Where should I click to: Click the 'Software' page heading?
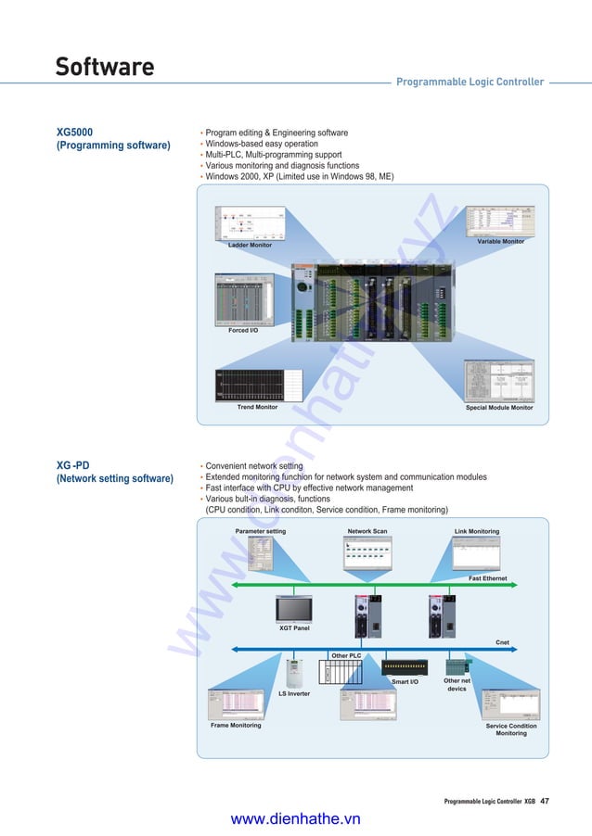click(x=104, y=67)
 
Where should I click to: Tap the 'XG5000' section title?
click(x=75, y=133)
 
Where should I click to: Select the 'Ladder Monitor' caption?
click(x=250, y=246)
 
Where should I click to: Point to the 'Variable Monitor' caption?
click(x=500, y=241)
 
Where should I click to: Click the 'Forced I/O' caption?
click(x=243, y=330)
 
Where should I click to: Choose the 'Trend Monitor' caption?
click(x=257, y=407)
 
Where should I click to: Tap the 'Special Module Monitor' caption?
click(x=498, y=407)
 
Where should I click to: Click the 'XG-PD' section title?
click(x=73, y=465)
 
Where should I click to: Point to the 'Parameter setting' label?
click(x=261, y=531)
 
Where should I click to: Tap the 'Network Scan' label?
click(x=367, y=531)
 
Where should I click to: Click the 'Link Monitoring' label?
click(x=477, y=531)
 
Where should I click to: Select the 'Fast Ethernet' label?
click(x=487, y=578)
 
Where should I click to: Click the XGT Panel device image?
click(x=294, y=608)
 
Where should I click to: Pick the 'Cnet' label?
click(x=502, y=641)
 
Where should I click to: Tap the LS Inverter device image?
click(x=295, y=671)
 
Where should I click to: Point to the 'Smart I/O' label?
click(x=405, y=682)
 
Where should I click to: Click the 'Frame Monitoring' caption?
click(x=236, y=726)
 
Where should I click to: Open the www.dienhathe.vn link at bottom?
click(x=295, y=818)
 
